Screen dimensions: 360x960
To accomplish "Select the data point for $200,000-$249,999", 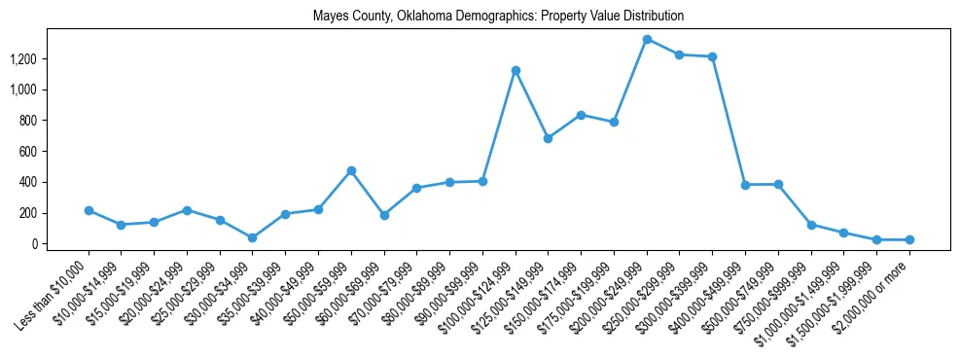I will [647, 39].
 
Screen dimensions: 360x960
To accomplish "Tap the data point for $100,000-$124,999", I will [516, 70].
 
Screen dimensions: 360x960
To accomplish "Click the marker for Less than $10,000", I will [89, 210].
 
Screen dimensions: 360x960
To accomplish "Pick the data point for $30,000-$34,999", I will [253, 237].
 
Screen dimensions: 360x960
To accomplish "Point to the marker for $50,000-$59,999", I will [351, 170].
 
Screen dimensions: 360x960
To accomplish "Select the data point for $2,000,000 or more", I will [909, 239].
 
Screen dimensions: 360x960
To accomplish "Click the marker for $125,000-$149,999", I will [549, 138].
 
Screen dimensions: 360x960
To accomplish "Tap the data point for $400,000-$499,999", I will [745, 185].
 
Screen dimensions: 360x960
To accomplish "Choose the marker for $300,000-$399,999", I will [713, 56].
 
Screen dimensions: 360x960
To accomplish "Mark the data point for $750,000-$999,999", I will [811, 225].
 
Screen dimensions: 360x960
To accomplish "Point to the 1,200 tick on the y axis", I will [22, 59].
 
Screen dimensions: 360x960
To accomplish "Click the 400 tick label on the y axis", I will [29, 182].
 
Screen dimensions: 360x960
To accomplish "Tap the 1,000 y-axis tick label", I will [22, 90].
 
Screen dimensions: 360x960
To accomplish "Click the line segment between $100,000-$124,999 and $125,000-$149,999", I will [532, 104].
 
